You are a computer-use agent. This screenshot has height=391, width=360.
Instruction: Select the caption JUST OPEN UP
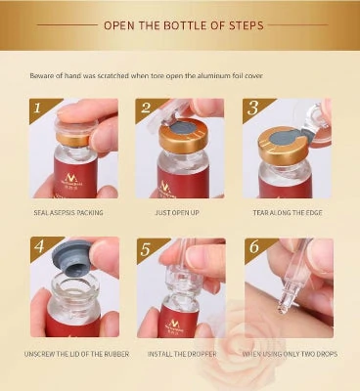click(179, 210)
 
